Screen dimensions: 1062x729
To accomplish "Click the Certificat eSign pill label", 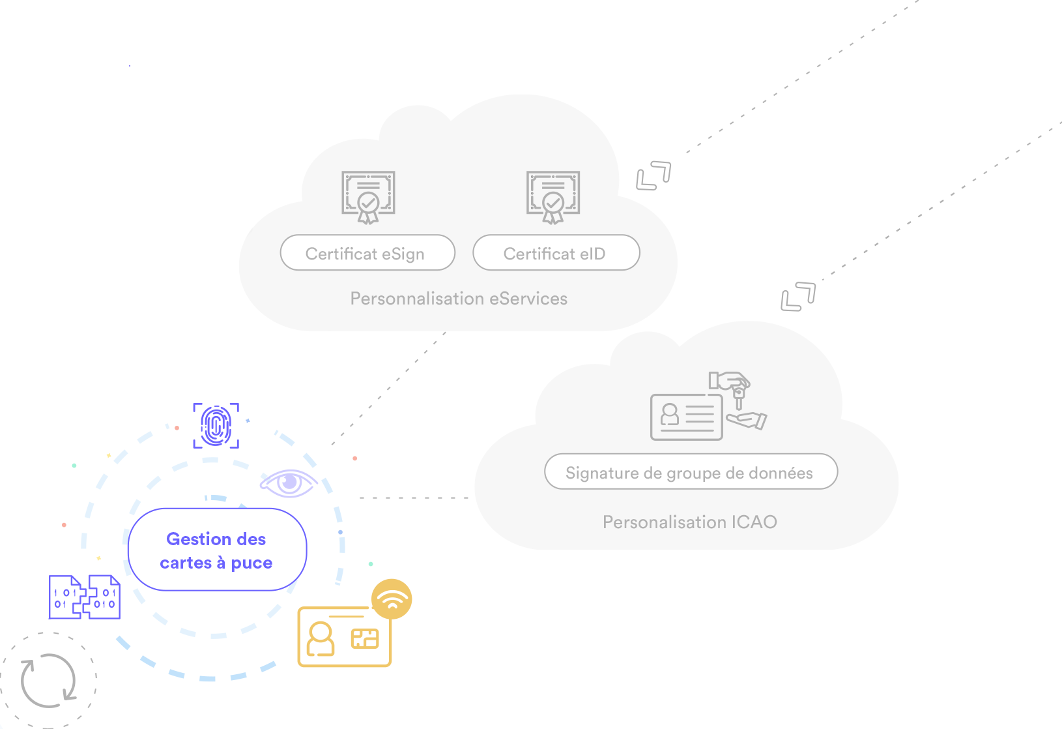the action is point(367,253).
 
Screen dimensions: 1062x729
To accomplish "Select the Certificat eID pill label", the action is point(556,253).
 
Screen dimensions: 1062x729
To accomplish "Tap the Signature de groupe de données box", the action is point(691,471).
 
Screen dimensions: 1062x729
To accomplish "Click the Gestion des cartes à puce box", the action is point(217,550).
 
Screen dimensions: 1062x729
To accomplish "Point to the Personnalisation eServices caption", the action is point(459,299).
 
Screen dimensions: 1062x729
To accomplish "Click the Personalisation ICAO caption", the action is point(689,522).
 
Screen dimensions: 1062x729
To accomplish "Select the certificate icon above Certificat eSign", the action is point(368,197).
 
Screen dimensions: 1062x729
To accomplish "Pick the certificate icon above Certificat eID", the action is point(553,197).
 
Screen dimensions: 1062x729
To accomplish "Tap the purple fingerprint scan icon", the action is point(216,426).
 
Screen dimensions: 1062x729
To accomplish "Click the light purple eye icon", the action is point(289,483).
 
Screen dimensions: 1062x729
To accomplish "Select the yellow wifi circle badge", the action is point(392,599).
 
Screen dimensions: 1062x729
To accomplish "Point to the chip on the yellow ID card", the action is point(365,638).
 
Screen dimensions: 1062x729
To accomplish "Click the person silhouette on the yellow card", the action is point(321,638).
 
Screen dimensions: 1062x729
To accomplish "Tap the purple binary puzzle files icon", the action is point(85,597).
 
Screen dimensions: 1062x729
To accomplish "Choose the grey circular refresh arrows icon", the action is point(48,681).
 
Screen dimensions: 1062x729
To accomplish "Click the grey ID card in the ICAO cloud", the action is point(687,417).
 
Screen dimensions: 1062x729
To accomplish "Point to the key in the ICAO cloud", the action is point(739,398).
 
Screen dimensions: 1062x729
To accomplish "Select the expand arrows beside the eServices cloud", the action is point(653,175).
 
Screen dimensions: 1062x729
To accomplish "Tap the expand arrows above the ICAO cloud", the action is point(798,297).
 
